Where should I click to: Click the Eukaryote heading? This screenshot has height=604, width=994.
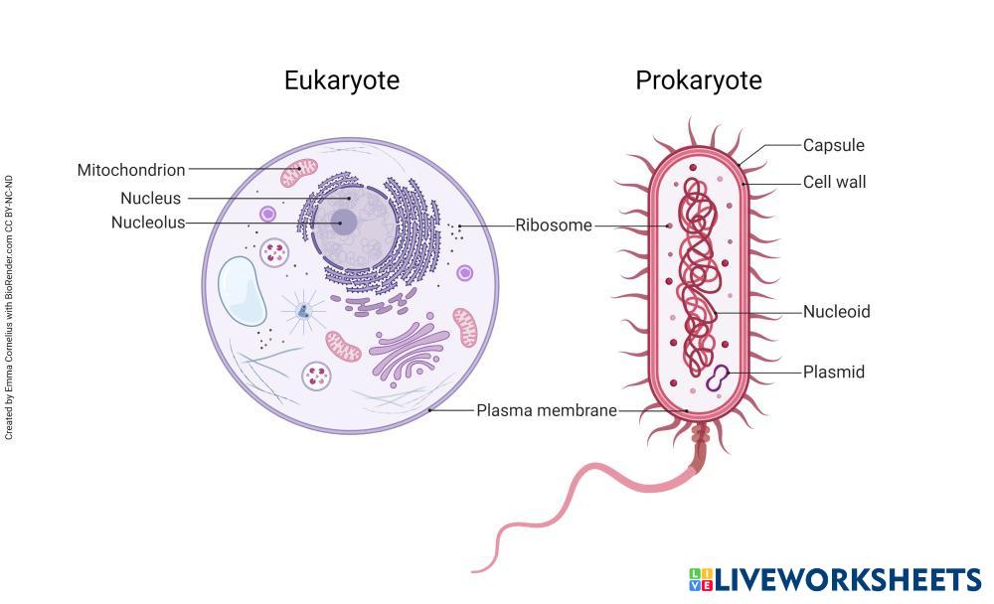pos(342,80)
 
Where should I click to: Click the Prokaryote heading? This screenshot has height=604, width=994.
pos(699,80)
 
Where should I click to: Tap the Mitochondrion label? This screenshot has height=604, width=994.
pos(131,170)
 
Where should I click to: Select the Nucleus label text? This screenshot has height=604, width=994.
pos(151,199)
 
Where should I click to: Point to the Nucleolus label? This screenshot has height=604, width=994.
pos(148,223)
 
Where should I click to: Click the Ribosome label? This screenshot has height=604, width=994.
pos(554,226)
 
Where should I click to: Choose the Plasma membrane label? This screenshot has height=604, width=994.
pos(547,410)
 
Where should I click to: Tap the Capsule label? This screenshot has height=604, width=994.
pos(834,145)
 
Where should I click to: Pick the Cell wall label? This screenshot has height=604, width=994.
pos(835,182)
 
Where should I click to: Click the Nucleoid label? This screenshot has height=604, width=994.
pos(837,312)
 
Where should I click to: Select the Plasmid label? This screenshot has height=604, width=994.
pos(834,373)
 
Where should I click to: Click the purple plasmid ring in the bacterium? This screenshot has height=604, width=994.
pos(718,377)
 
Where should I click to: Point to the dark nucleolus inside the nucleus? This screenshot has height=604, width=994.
pos(344,223)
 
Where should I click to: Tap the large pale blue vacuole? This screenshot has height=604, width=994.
pos(243,290)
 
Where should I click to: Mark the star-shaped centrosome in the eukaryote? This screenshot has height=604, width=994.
pos(303,312)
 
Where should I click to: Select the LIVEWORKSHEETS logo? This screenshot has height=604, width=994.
pos(835,580)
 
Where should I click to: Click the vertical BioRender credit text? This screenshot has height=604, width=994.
pos(9,308)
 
